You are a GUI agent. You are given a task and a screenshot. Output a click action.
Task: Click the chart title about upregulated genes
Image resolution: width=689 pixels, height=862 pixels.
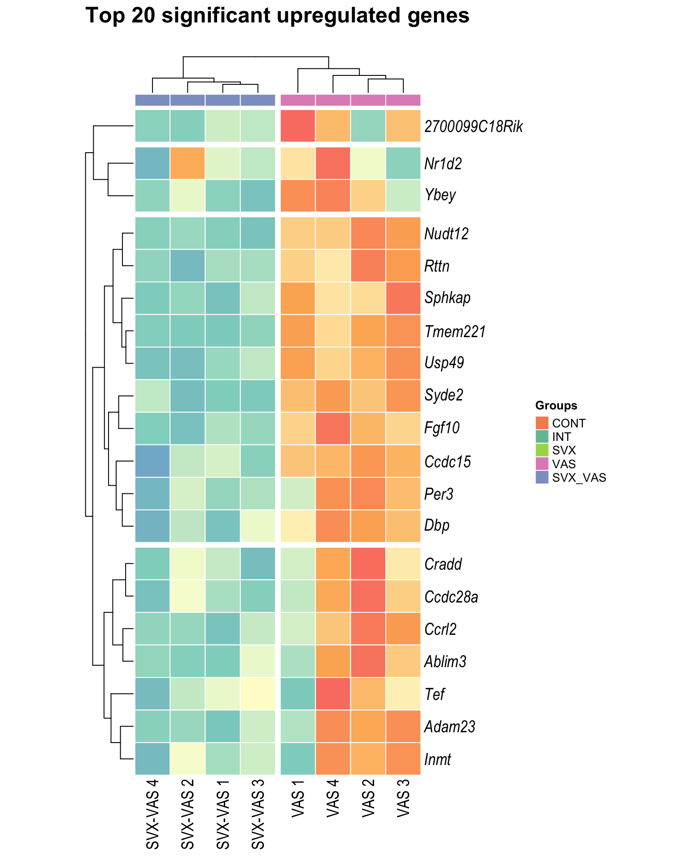click(x=277, y=16)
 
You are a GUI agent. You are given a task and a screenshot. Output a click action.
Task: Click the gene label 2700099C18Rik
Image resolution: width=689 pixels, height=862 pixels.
click(x=474, y=127)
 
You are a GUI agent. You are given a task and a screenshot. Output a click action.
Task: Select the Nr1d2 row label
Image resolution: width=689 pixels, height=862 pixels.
click(x=443, y=164)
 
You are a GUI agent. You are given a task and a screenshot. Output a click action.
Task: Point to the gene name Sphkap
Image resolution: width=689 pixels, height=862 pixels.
click(x=448, y=298)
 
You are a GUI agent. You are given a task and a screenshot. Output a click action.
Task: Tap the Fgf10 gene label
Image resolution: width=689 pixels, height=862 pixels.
click(x=442, y=428)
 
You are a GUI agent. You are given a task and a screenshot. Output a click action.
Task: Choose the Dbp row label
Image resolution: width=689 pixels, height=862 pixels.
click(x=437, y=525)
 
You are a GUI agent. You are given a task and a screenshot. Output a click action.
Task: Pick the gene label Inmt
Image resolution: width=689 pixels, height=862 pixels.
click(x=438, y=760)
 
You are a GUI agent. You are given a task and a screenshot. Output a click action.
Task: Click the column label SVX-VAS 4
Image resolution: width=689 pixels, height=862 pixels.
click(x=153, y=815)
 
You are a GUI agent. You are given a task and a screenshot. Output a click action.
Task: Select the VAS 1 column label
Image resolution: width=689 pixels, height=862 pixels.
click(x=298, y=804)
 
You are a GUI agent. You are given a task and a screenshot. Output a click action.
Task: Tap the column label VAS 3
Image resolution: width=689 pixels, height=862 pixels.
click(x=403, y=804)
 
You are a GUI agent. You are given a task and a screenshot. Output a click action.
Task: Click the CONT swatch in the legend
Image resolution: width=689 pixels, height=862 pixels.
click(x=542, y=423)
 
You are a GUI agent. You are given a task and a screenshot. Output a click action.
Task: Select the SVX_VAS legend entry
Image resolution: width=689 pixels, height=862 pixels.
click(x=579, y=478)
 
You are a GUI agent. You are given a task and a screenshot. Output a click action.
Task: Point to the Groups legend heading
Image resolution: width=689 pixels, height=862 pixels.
click(x=556, y=406)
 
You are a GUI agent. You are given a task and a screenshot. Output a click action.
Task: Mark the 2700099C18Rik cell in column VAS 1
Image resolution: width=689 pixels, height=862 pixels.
click(x=298, y=126)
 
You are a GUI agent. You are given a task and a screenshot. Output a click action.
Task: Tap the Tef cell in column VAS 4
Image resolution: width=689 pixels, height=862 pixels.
click(x=333, y=694)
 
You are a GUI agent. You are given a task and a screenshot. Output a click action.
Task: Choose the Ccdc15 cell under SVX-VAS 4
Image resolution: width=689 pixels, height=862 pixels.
click(x=153, y=461)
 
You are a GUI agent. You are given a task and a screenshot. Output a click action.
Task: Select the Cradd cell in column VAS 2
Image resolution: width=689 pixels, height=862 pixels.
click(x=368, y=563)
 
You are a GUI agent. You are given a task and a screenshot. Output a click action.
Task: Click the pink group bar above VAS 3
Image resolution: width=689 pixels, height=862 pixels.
click(x=403, y=100)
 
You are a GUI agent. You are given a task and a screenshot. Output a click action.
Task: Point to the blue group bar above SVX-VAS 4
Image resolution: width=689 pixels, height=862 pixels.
click(x=153, y=100)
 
